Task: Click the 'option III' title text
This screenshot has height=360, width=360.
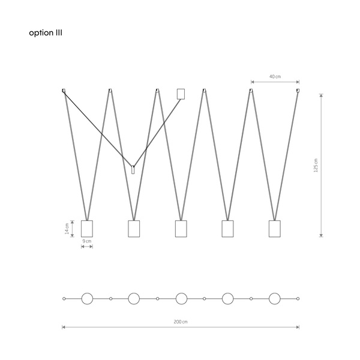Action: coord(46,33)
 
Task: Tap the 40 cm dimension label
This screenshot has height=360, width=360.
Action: coord(275,76)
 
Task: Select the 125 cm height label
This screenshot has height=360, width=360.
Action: coord(316,166)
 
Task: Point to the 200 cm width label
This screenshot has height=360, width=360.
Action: coord(181,322)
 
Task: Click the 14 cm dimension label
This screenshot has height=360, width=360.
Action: coord(67,229)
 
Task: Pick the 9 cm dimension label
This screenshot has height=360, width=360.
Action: coord(87,241)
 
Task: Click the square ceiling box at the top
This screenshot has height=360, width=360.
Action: coord(181,94)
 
